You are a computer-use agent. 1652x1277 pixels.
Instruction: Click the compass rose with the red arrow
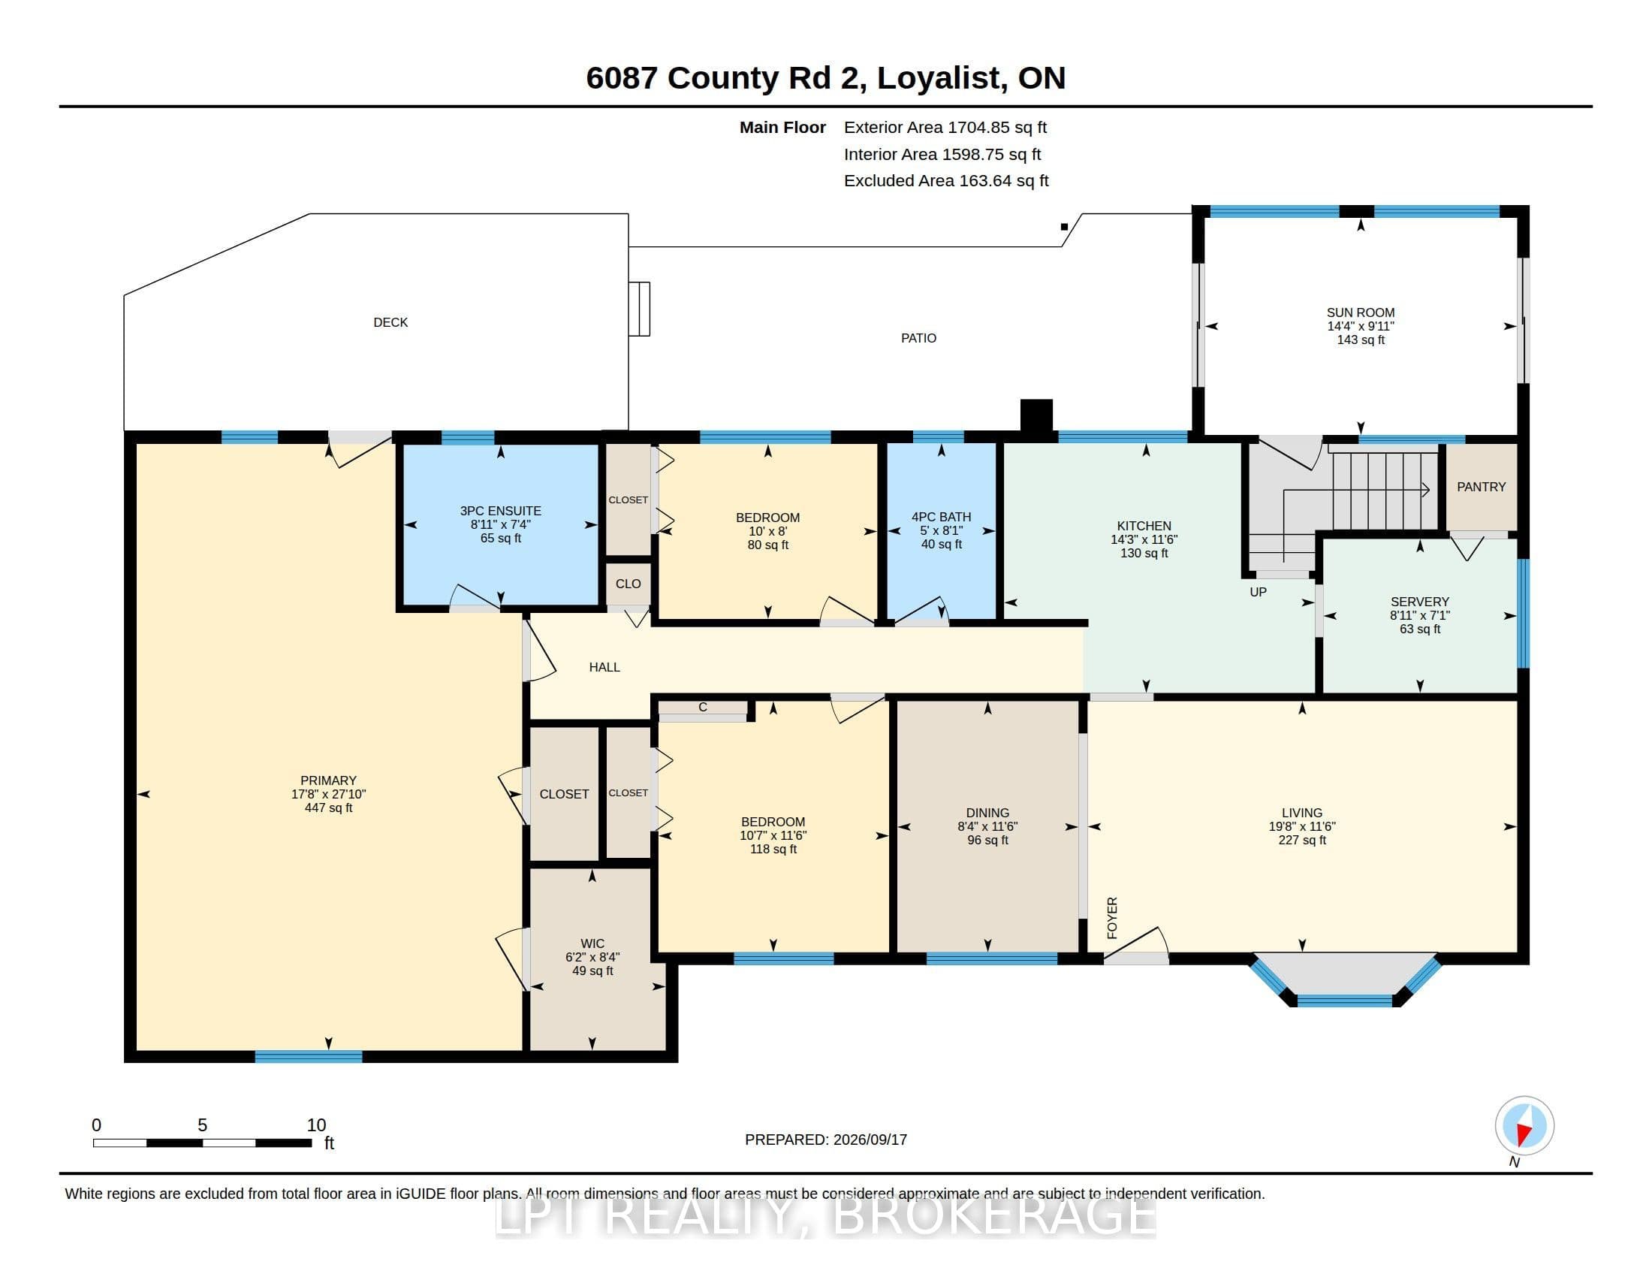tap(1524, 1126)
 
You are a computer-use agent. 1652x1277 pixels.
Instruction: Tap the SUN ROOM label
tap(1360, 312)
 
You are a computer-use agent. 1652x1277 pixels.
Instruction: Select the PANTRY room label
tap(1481, 488)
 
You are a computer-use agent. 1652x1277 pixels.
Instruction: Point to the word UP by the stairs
tap(1258, 592)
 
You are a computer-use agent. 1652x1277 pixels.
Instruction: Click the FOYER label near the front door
tap(1112, 918)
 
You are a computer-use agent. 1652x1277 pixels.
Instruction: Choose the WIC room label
tap(592, 943)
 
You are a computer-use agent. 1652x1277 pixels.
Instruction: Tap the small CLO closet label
tap(628, 584)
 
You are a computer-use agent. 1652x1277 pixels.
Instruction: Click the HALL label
tap(604, 667)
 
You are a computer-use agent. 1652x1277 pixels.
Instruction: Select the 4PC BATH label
tap(941, 517)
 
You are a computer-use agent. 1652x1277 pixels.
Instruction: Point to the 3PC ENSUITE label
tap(501, 511)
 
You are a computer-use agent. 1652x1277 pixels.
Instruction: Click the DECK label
tap(390, 322)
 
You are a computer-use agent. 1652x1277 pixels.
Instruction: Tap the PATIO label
tap(918, 338)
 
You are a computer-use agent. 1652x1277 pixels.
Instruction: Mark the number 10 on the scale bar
tap(316, 1125)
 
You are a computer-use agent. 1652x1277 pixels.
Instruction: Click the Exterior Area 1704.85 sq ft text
tap(945, 127)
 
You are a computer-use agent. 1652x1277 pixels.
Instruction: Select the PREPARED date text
tap(826, 1140)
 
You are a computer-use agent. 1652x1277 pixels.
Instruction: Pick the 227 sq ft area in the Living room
tap(1302, 840)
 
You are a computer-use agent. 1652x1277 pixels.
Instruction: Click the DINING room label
tap(987, 813)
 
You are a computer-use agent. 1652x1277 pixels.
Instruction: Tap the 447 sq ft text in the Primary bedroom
tap(328, 808)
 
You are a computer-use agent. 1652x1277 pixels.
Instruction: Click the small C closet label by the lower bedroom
tap(703, 708)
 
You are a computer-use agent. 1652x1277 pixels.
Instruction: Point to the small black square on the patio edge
tap(1064, 227)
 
